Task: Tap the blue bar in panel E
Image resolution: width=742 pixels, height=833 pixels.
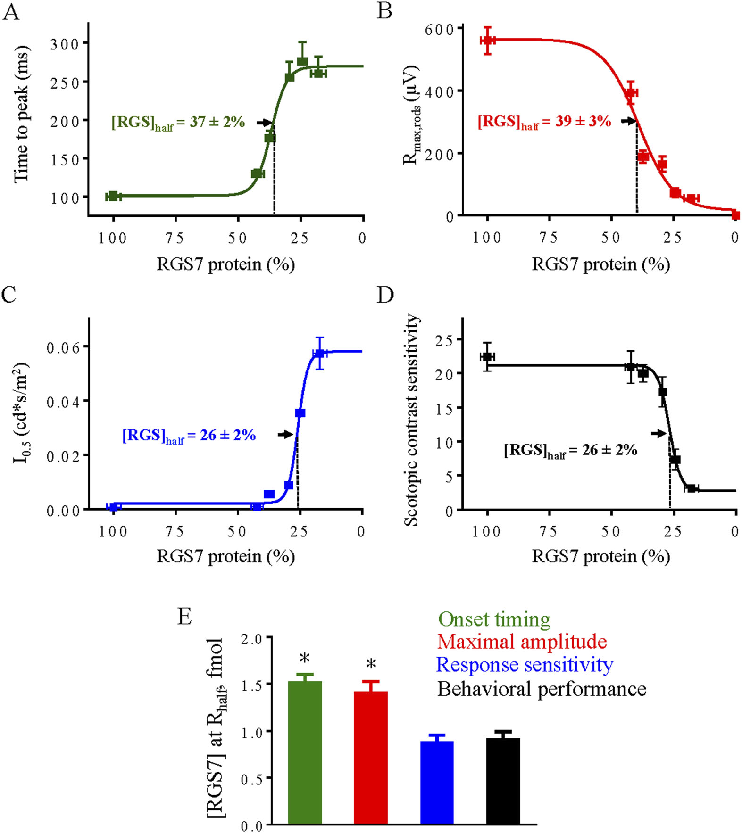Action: [x=437, y=782]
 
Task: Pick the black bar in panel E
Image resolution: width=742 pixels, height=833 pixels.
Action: [x=503, y=781]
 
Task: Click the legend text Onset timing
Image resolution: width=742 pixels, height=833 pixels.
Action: [x=494, y=619]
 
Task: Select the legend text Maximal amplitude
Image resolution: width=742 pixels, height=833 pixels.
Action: [x=522, y=642]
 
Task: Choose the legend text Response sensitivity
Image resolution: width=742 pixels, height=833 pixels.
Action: [x=525, y=665]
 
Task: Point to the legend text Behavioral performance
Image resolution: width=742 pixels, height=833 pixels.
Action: [x=542, y=689]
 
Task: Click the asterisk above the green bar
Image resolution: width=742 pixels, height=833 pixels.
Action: [x=305, y=659]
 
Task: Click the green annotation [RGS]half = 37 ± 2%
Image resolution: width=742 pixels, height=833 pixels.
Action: [x=178, y=123]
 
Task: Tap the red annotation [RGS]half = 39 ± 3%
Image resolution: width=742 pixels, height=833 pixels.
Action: [x=544, y=122]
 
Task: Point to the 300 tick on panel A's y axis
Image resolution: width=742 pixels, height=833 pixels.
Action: [x=65, y=44]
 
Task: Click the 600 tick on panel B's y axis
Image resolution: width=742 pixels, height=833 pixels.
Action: [x=439, y=29]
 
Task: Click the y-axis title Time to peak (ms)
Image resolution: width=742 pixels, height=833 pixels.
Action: [x=21, y=114]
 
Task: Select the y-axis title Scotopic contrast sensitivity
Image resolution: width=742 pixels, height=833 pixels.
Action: [x=411, y=420]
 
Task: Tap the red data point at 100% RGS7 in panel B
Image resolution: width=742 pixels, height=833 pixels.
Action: [x=488, y=41]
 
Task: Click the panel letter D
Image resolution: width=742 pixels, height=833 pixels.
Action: [x=385, y=295]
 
